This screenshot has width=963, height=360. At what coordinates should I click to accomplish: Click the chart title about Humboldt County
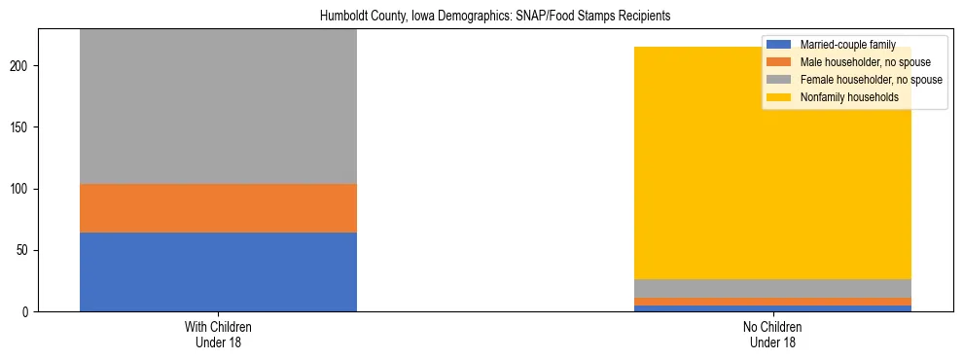[x=481, y=17]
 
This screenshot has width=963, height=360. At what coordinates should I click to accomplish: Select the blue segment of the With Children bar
[x=218, y=271]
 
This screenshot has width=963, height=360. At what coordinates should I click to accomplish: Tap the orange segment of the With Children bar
[x=218, y=208]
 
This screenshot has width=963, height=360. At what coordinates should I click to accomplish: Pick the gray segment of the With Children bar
[x=218, y=107]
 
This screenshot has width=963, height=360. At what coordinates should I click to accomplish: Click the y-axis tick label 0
[x=28, y=312]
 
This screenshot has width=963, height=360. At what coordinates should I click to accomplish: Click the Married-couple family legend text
[x=847, y=45]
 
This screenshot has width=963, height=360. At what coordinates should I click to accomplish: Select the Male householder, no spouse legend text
[x=860, y=62]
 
